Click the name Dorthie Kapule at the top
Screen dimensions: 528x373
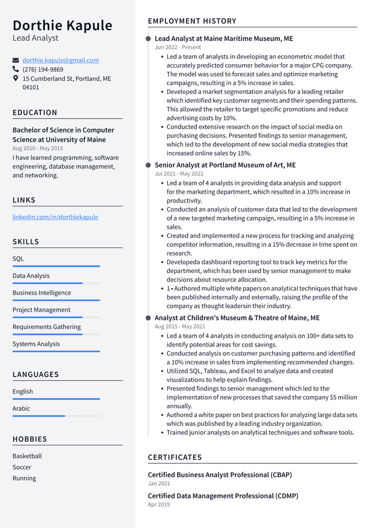(62, 25)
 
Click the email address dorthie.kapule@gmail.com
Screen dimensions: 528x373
(61, 60)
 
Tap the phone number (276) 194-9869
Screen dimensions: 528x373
(43, 69)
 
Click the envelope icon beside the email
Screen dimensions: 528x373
(16, 60)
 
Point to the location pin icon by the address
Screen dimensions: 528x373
(16, 78)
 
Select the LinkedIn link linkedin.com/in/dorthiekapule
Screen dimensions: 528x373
(55, 217)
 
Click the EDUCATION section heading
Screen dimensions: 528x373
(35, 113)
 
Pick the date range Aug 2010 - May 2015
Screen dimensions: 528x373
(37, 148)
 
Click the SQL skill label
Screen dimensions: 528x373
(18, 258)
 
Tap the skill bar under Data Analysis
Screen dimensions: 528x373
(56, 283)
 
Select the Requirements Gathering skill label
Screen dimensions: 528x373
(47, 327)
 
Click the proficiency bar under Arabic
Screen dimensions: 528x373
(56, 416)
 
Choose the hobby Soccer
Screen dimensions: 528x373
(22, 467)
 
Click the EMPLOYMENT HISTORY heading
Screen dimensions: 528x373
(192, 21)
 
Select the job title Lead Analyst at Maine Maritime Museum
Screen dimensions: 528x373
(224, 39)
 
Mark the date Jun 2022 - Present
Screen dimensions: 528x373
(178, 47)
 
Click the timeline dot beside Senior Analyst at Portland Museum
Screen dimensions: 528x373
(149, 165)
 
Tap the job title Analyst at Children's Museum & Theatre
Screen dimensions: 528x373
(237, 318)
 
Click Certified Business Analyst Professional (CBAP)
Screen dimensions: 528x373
(220, 475)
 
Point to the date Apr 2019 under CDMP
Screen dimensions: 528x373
(159, 505)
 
